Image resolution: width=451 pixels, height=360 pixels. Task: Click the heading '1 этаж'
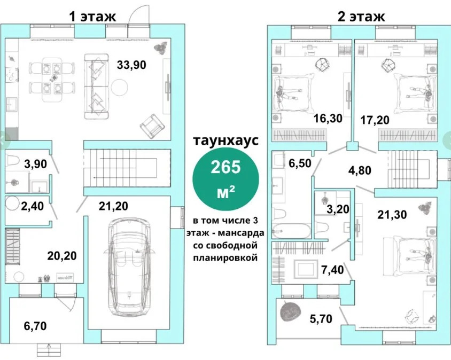tap(92, 16)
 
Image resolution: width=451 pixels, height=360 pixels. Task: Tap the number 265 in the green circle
tap(228, 168)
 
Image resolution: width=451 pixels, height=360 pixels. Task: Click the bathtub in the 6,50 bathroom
tap(291, 231)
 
